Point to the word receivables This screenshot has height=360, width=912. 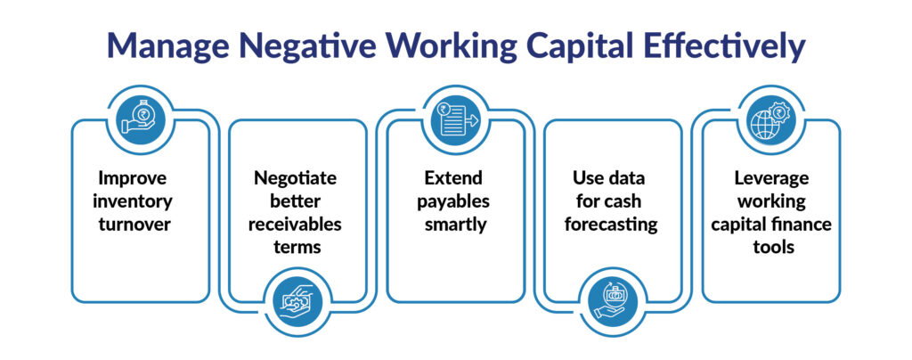(x=297, y=223)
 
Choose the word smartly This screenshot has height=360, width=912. (x=455, y=223)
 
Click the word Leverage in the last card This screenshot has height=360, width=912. (x=770, y=178)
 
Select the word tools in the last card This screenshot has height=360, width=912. (x=770, y=245)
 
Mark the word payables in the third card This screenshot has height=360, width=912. (x=456, y=200)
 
